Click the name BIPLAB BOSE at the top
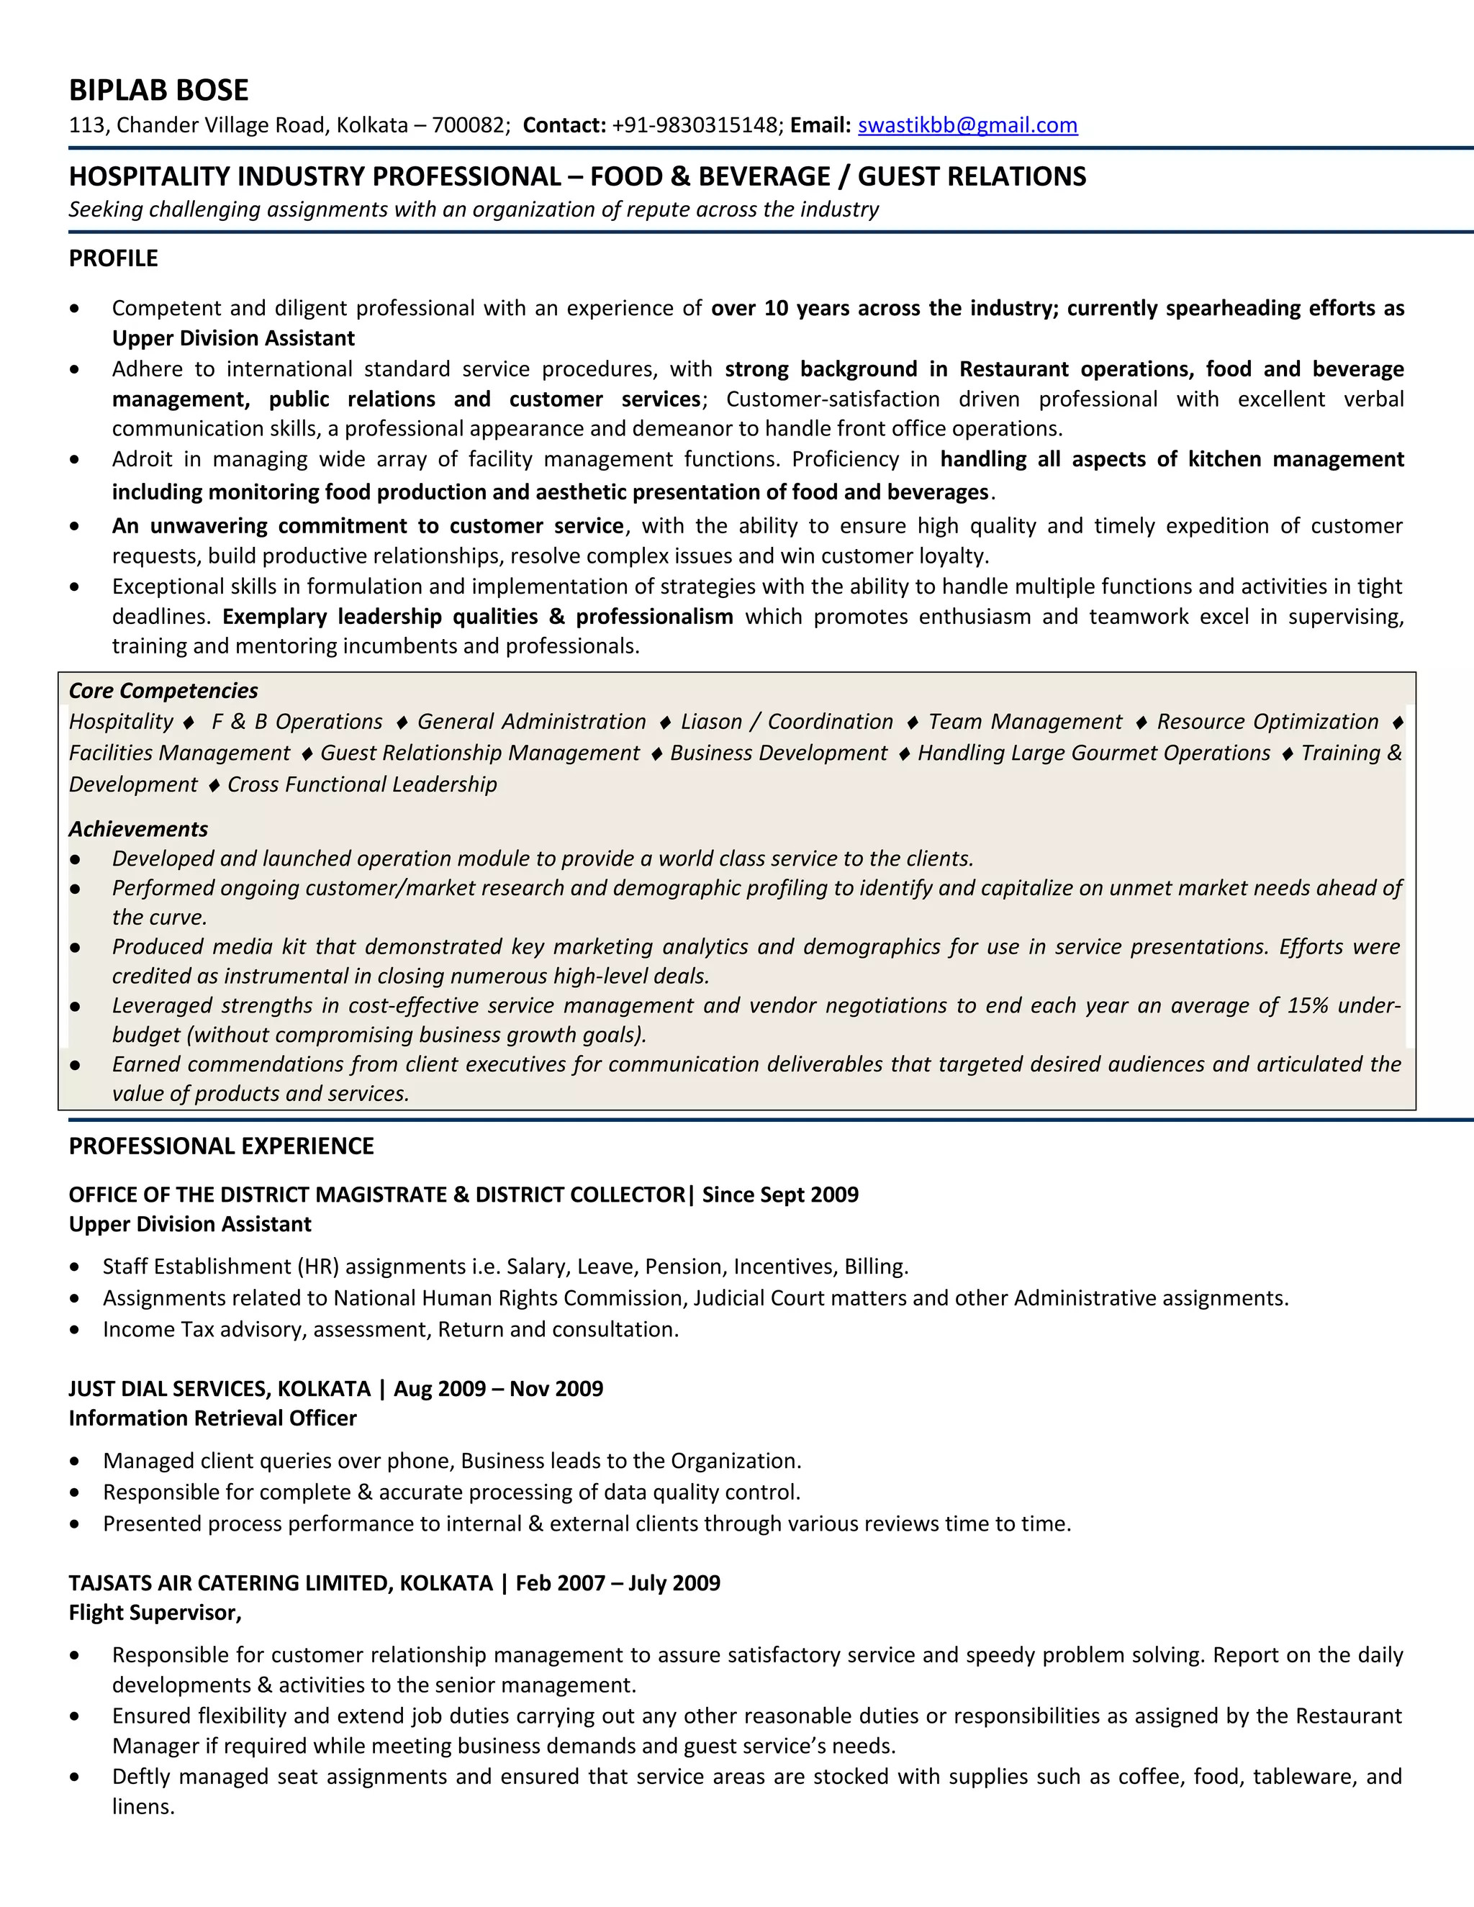tap(158, 90)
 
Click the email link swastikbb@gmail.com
tap(967, 125)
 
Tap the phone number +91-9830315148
tap(695, 125)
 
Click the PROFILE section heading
tap(114, 258)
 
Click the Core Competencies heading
tap(163, 691)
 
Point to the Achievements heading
tap(138, 828)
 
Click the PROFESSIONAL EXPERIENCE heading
tap(221, 1146)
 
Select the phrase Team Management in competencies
tap(1024, 721)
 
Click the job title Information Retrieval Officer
tap(212, 1418)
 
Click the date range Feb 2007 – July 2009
tap(618, 1582)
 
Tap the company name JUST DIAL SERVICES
tap(171, 1388)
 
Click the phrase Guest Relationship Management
tap(479, 753)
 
